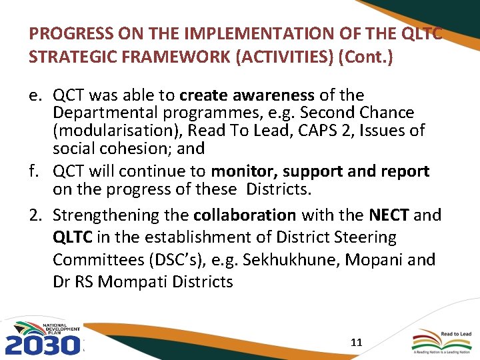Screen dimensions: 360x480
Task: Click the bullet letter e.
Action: pos(37,96)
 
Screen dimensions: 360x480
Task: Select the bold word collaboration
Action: pos(245,215)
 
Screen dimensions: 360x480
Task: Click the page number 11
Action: pos(356,343)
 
